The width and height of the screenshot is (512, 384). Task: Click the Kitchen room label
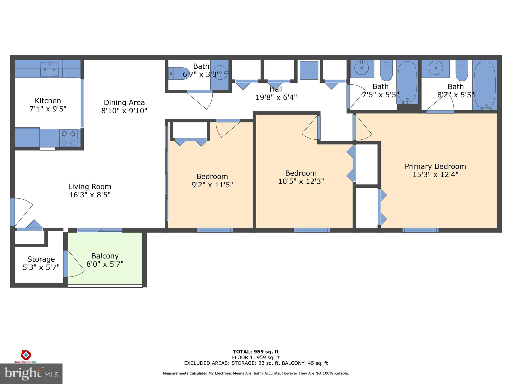click(x=48, y=101)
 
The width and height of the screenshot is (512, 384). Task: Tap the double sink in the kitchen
click(x=49, y=69)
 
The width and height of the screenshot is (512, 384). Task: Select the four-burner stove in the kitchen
click(x=68, y=138)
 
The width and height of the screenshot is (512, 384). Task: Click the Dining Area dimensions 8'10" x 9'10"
click(x=124, y=111)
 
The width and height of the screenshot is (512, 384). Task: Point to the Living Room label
click(x=90, y=187)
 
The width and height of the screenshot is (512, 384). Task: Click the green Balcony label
click(x=105, y=256)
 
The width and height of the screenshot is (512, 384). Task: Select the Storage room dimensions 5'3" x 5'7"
click(x=41, y=267)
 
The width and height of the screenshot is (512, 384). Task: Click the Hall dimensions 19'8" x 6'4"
click(x=276, y=97)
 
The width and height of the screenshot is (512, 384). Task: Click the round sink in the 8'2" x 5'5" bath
click(x=436, y=67)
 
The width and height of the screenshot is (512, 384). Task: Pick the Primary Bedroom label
click(x=435, y=166)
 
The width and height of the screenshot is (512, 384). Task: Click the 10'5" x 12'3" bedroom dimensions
click(x=301, y=181)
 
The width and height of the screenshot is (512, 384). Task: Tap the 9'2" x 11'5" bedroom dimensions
click(x=212, y=185)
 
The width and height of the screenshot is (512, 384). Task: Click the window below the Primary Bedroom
click(x=420, y=230)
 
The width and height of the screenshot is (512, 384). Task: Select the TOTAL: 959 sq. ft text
click(x=256, y=352)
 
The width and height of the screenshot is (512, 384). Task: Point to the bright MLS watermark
click(x=31, y=374)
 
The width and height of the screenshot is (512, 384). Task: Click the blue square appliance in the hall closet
click(x=309, y=70)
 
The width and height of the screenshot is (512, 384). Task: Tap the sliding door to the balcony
click(x=99, y=230)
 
